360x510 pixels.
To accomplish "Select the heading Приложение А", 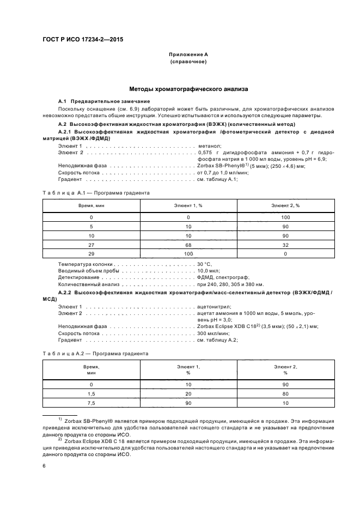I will pyautogui.click(x=188, y=55).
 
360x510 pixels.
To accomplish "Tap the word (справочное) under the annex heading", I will pyautogui.click(x=188, y=62).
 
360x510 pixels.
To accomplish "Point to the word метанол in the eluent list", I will pyautogui.click(x=210, y=146).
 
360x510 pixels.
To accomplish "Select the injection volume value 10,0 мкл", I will pyautogui.click(x=208, y=271).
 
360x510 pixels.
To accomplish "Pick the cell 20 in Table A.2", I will pyautogui.click(x=188, y=393).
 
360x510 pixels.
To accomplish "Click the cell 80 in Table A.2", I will pyautogui.click(x=285, y=393).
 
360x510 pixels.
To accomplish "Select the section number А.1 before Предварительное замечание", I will pyautogui.click(x=62, y=102).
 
